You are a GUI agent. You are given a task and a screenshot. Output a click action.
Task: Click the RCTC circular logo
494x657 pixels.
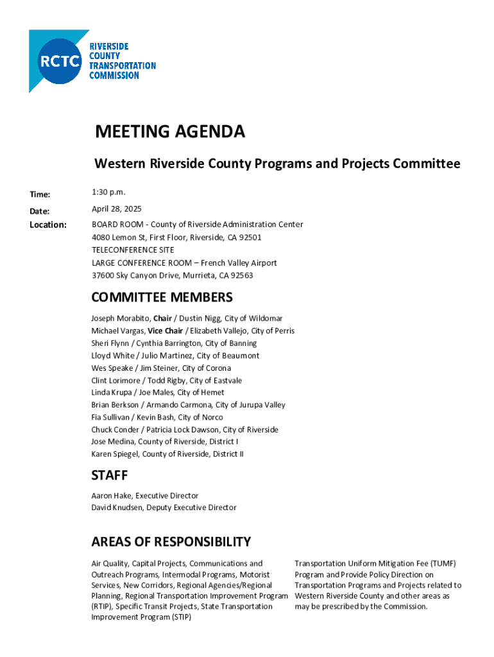point(61,61)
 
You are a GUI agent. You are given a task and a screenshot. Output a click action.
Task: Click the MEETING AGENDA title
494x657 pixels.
point(170,132)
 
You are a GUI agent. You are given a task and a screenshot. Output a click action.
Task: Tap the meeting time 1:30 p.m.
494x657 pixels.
point(109,192)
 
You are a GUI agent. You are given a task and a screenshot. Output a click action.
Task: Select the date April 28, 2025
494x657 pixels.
point(117,209)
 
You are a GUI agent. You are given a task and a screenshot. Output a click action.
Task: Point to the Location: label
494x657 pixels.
point(48,225)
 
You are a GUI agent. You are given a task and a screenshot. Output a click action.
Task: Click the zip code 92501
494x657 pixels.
point(250,237)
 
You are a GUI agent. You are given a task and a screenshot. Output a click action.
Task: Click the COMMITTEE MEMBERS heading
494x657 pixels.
point(162,298)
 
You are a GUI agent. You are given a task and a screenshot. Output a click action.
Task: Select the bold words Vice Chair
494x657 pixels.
point(165,331)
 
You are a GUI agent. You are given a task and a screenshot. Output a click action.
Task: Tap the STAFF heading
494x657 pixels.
point(110,475)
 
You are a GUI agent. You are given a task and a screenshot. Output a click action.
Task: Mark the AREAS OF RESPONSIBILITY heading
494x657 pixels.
point(171,542)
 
